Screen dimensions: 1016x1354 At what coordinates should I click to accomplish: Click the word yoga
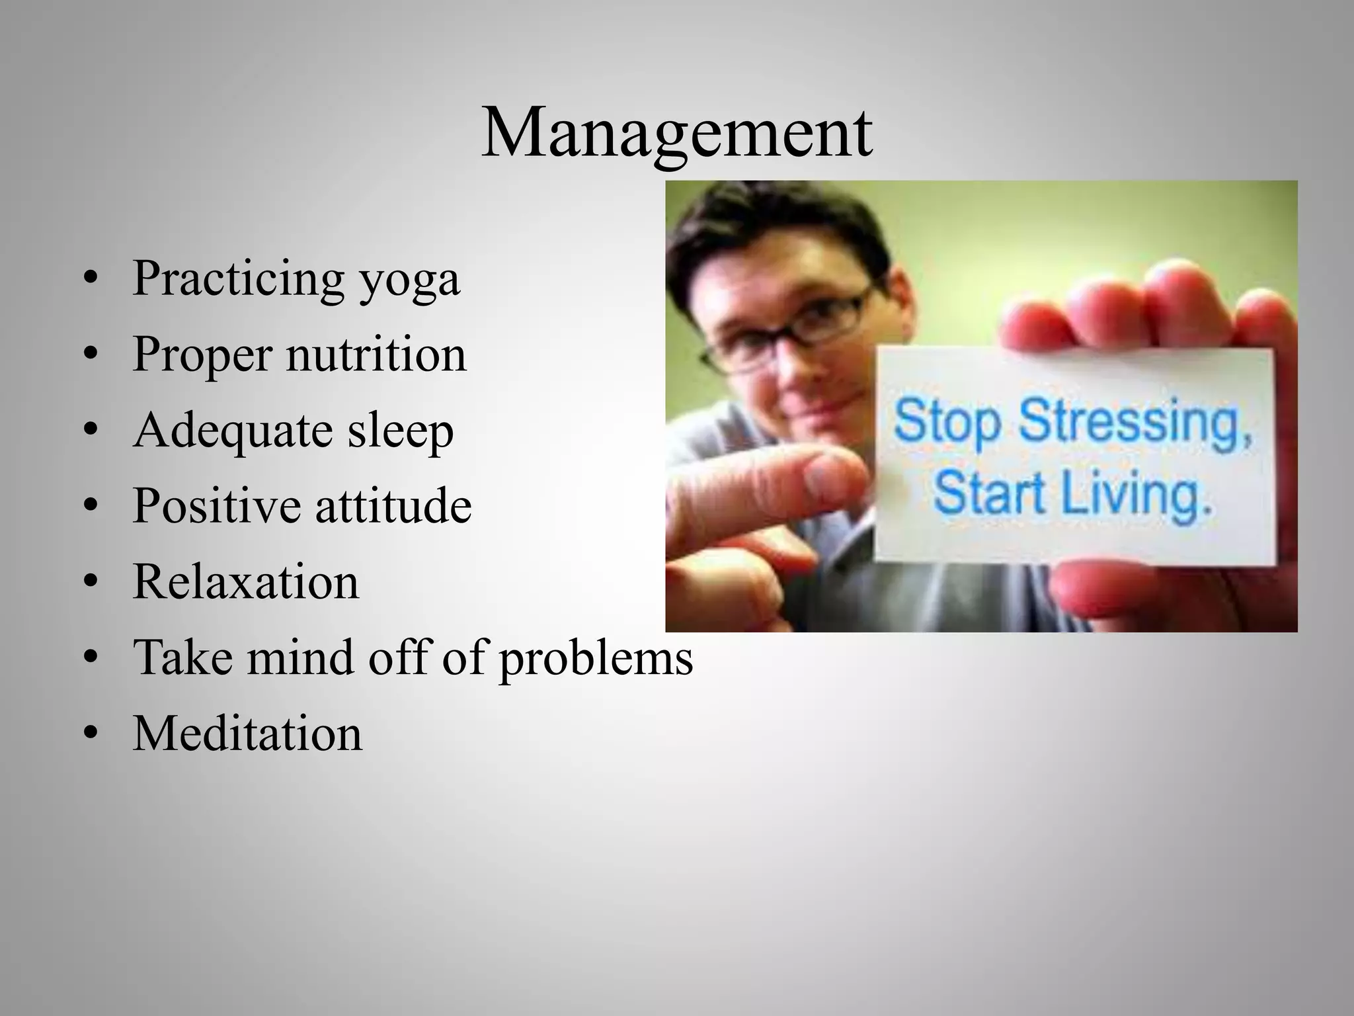pyautogui.click(x=409, y=280)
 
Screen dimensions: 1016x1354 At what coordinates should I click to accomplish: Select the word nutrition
pyautogui.click(x=376, y=355)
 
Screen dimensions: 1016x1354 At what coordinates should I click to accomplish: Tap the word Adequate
pyautogui.click(x=232, y=431)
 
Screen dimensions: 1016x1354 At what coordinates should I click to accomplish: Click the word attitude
pyautogui.click(x=393, y=506)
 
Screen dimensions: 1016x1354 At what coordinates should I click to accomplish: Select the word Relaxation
pyautogui.click(x=246, y=582)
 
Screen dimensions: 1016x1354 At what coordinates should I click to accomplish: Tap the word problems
pyautogui.click(x=596, y=659)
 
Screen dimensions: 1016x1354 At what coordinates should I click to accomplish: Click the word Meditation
pyautogui.click(x=248, y=734)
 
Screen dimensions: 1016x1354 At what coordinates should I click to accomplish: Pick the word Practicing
pyautogui.click(x=238, y=280)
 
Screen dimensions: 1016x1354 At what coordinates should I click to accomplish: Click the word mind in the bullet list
pyautogui.click(x=301, y=659)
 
